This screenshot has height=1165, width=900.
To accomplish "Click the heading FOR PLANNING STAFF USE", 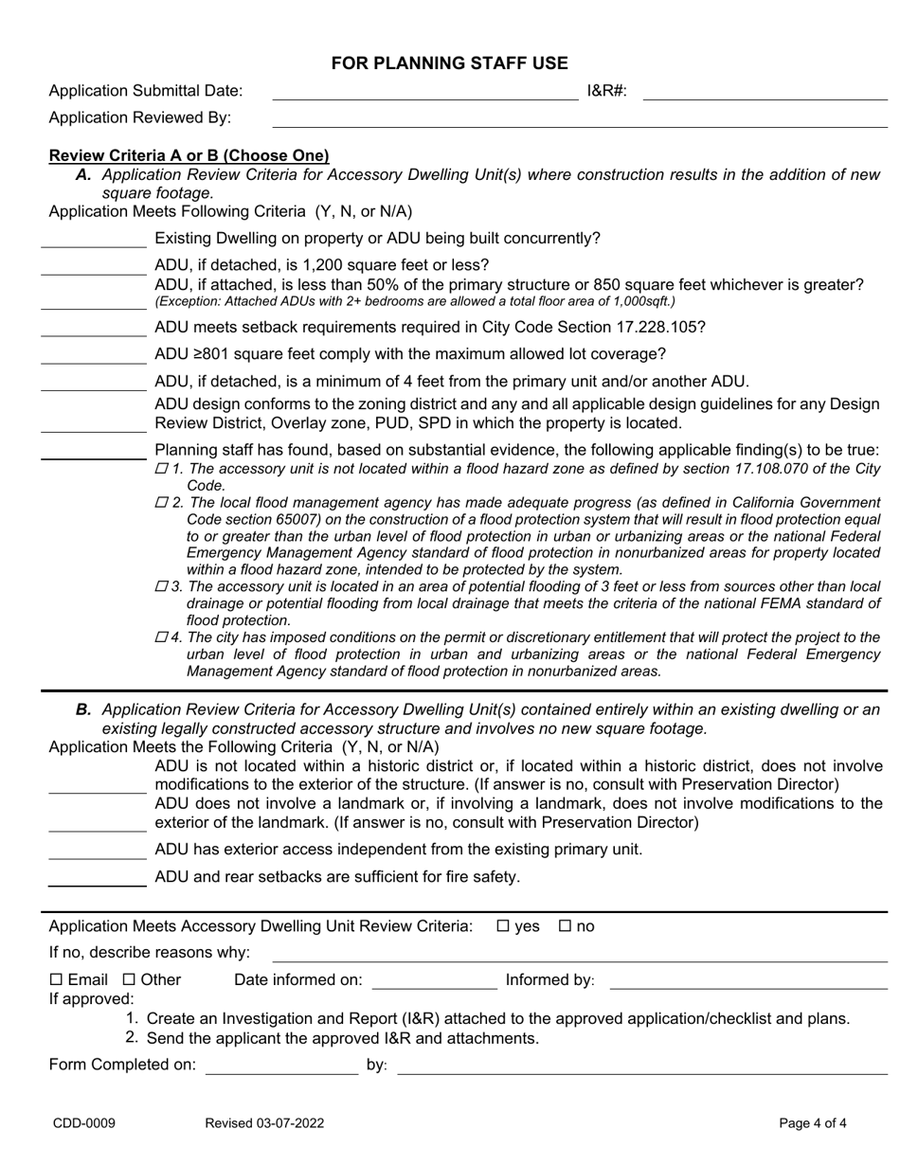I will [449, 63].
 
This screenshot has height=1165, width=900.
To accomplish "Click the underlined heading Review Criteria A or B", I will [189, 155].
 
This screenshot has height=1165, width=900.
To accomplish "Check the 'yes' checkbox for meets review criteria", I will [502, 926].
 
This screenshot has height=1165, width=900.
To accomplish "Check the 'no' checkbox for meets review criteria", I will [566, 926].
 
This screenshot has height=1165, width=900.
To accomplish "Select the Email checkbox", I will [56, 979].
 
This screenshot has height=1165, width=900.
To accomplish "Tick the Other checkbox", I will [130, 979].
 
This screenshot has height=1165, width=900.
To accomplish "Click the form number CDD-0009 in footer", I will [83, 1123].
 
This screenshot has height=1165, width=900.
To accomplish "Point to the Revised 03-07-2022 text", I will [264, 1123].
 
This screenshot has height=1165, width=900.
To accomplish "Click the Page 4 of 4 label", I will [812, 1123].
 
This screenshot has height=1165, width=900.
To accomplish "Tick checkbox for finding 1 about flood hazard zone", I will [160, 469].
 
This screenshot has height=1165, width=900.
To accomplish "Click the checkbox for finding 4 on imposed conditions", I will [160, 637].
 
